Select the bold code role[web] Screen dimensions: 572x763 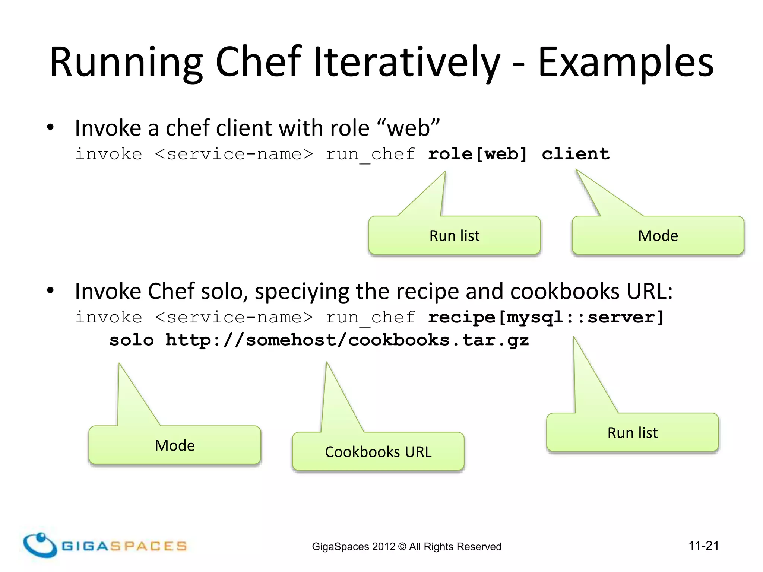(478, 154)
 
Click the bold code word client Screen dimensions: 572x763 (576, 154)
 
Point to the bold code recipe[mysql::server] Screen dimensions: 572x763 (546, 317)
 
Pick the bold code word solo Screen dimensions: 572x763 (132, 340)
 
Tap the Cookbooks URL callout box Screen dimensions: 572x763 (378, 451)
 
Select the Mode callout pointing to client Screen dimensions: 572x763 (658, 235)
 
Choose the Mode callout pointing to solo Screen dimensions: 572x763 (175, 445)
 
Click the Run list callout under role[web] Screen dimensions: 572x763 (454, 235)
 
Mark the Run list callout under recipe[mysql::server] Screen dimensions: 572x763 (632, 432)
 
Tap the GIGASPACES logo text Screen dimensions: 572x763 (124, 546)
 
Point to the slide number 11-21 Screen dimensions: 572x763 (703, 546)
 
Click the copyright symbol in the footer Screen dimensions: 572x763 (402, 547)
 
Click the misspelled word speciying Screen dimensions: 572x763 (302, 291)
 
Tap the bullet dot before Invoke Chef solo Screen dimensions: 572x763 (51, 291)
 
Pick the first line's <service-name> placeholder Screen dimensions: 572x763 (234, 154)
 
